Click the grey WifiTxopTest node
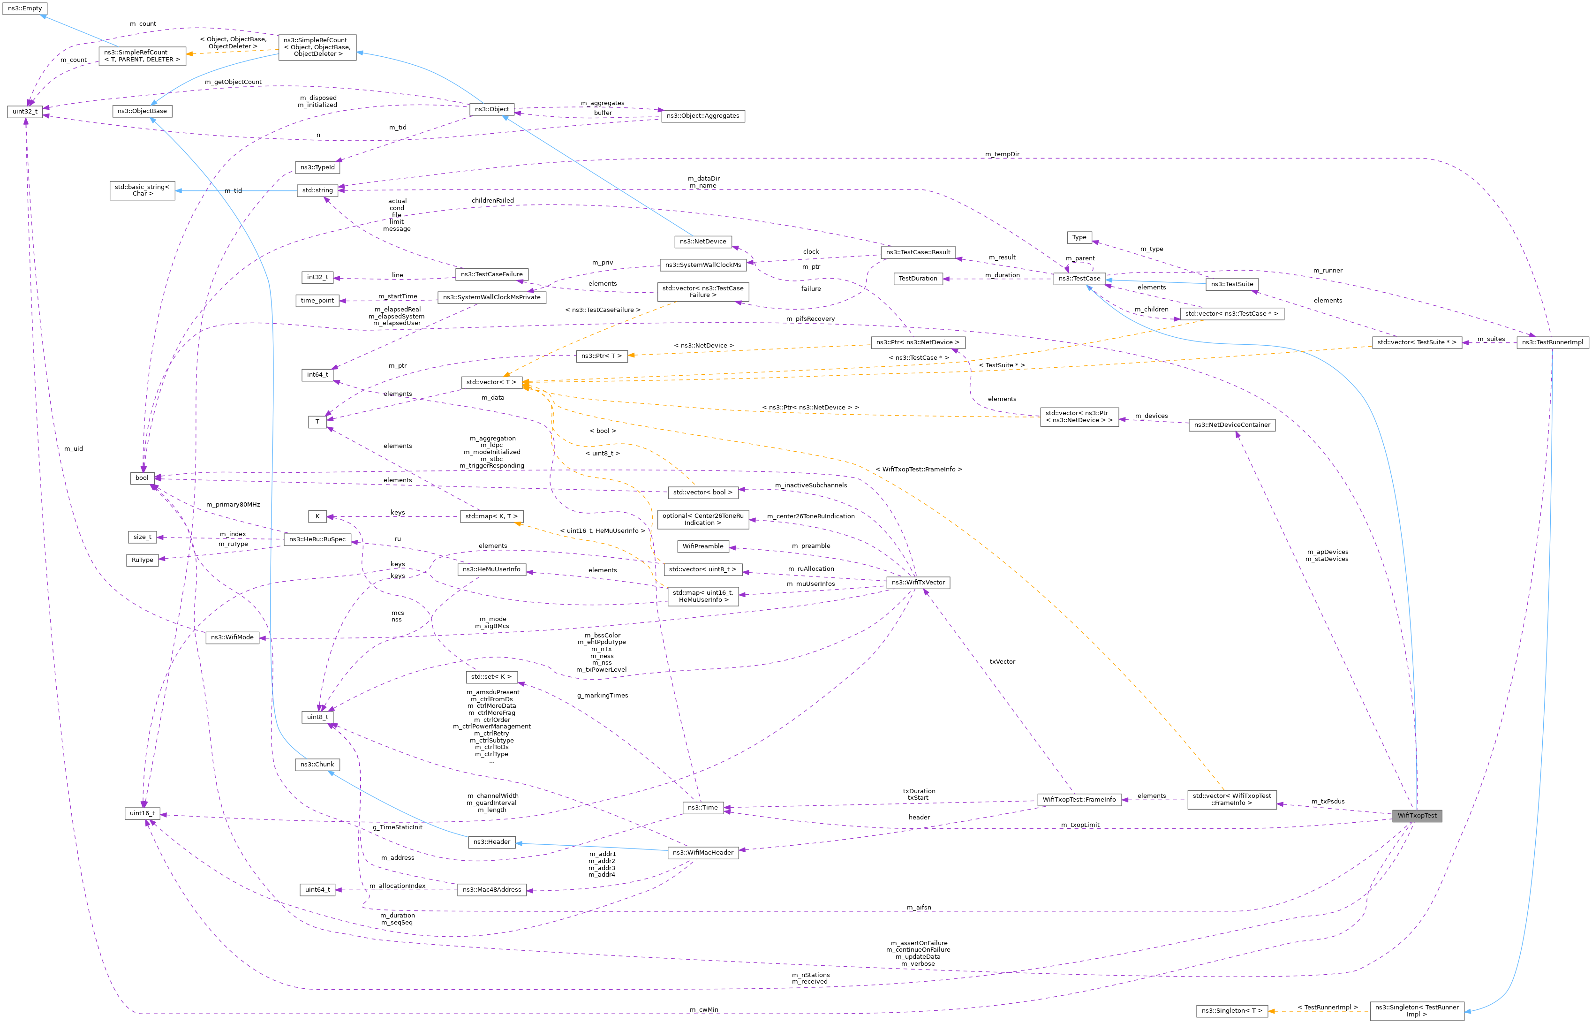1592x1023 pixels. pos(1417,816)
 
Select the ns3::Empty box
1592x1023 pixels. pos(24,8)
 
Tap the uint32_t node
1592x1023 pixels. pos(24,112)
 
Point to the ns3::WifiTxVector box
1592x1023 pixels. pos(918,583)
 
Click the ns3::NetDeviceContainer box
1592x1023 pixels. pos(1231,425)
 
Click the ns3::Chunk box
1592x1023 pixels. pos(317,765)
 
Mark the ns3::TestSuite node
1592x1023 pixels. pos(1231,284)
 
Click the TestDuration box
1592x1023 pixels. pos(918,279)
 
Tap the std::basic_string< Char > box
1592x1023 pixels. pos(142,190)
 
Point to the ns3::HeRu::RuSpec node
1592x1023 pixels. pos(317,539)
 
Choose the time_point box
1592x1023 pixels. pos(317,301)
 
